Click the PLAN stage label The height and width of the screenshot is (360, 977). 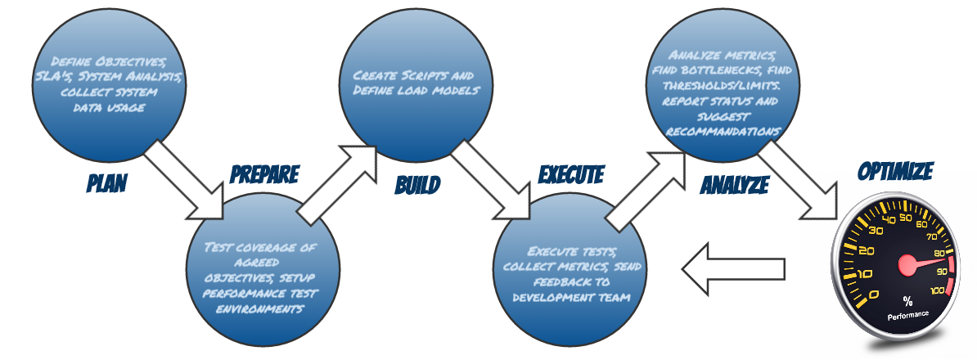pyautogui.click(x=107, y=182)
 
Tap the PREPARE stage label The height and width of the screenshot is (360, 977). pyautogui.click(x=264, y=174)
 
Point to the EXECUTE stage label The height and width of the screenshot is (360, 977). pyautogui.click(x=571, y=174)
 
